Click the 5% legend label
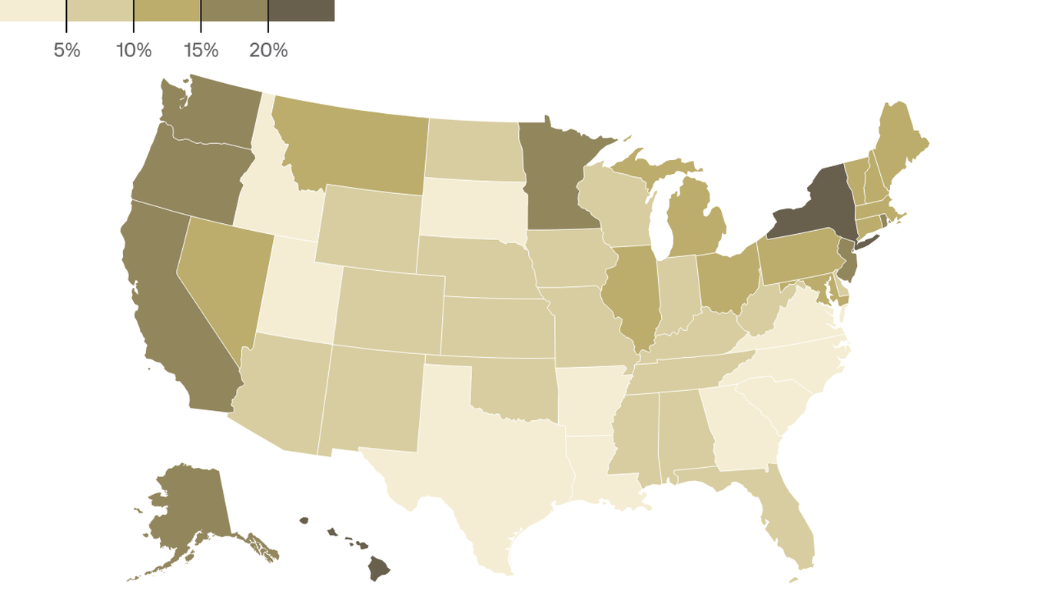click(x=67, y=51)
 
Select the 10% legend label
click(x=134, y=51)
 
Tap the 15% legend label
click(x=201, y=51)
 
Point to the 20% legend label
click(x=268, y=51)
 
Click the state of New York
click(x=822, y=204)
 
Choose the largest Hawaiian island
click(x=378, y=569)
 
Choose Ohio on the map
click(x=726, y=281)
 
